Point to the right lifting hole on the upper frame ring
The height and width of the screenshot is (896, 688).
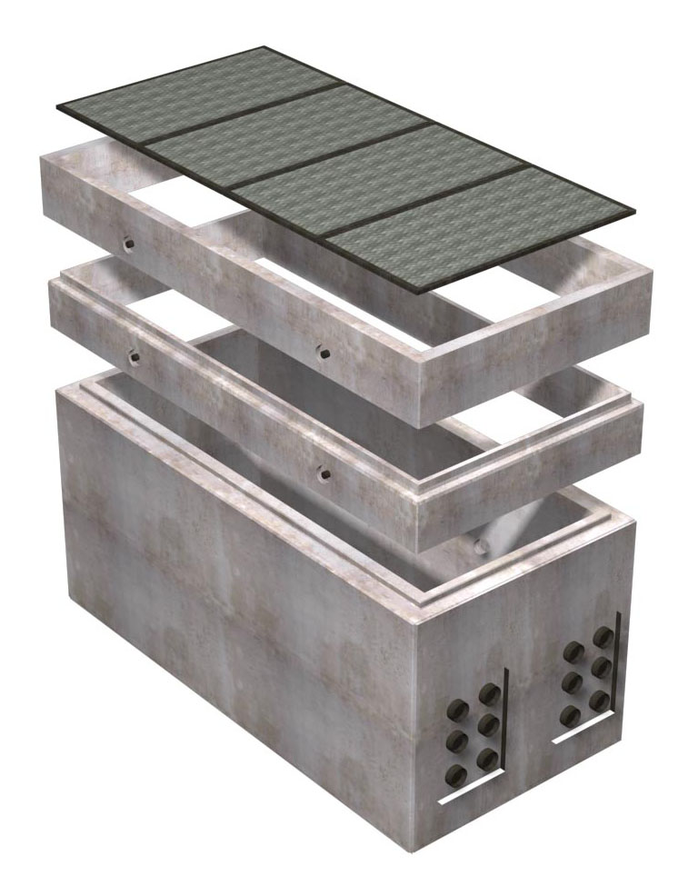[x=323, y=351]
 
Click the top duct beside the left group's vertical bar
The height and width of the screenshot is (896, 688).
[x=489, y=695]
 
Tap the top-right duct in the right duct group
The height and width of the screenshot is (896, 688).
[x=601, y=637]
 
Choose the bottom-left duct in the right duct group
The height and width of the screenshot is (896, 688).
[x=572, y=716]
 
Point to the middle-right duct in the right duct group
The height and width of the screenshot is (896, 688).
[x=601, y=670]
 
